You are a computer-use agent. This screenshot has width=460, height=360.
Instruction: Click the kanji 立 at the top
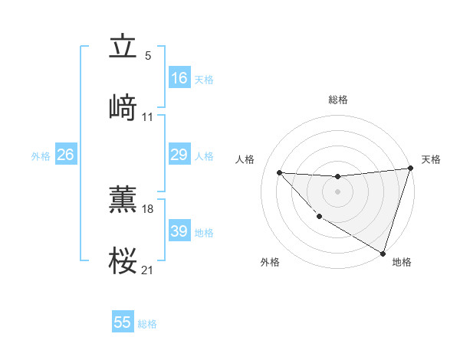click(x=123, y=47)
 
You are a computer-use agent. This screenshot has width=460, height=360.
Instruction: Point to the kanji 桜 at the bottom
click(x=123, y=261)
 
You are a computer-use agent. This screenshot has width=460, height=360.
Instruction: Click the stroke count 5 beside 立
click(x=148, y=55)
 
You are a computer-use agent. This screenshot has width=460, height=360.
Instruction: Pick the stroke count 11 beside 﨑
click(x=148, y=117)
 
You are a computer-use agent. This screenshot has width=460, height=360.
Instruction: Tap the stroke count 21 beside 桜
click(x=148, y=270)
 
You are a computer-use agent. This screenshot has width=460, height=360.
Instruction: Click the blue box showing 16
click(x=179, y=78)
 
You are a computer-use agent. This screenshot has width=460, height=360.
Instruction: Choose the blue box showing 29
click(x=179, y=155)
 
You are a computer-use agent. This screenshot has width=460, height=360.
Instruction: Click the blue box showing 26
click(x=65, y=155)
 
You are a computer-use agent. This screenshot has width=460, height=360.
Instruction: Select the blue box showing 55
click(x=123, y=322)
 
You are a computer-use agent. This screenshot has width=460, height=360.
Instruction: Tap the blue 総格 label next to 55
click(x=148, y=324)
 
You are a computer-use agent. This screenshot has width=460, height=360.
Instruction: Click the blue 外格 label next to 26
click(x=41, y=156)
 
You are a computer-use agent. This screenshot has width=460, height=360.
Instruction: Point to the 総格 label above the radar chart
click(x=337, y=100)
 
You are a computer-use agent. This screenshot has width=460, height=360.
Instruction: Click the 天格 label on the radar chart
click(x=431, y=159)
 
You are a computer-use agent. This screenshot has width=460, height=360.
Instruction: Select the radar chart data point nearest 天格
click(x=410, y=169)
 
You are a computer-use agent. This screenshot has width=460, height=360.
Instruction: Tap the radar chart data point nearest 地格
click(x=383, y=253)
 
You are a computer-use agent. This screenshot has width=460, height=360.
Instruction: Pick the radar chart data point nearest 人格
click(x=279, y=172)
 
